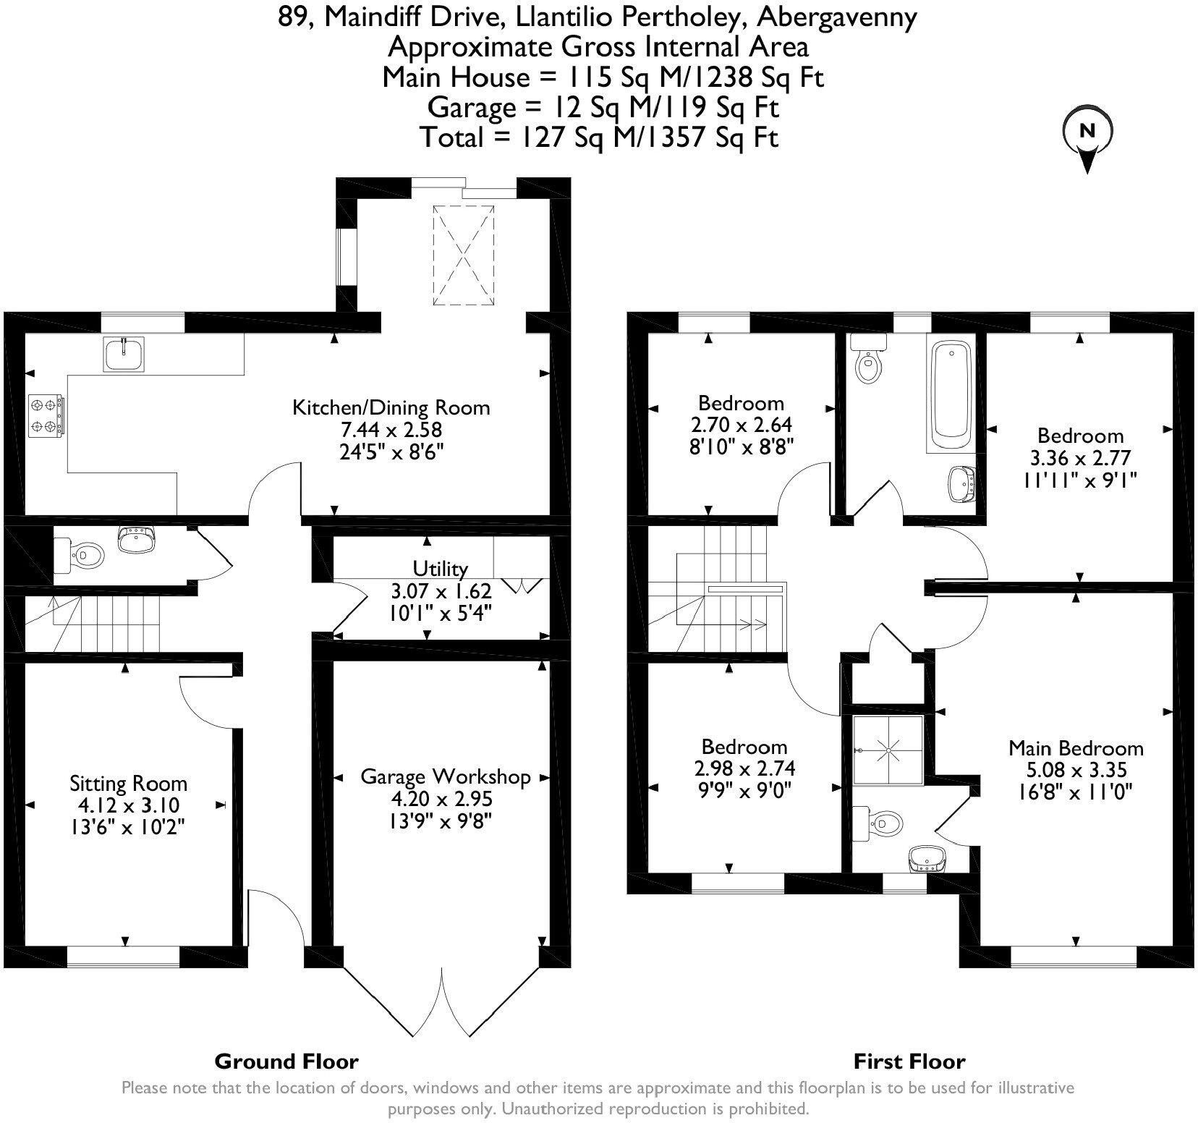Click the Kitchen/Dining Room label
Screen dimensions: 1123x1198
pos(391,407)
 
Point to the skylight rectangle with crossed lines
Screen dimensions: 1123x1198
pos(464,256)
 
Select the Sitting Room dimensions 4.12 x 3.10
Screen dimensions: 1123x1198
pos(128,805)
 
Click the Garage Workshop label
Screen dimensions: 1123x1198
pos(446,777)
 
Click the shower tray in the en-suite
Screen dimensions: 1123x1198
pos(888,750)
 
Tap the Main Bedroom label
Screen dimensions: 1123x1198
pos(1076,747)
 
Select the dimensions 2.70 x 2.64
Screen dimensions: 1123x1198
pos(741,425)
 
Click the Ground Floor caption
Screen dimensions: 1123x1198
pos(286,1061)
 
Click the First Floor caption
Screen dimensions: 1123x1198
pos(909,1061)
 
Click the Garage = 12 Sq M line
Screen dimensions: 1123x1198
pos(603,107)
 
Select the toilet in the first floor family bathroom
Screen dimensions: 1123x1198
pos(867,365)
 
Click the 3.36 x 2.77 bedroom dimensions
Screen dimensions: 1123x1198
pos(1080,457)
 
